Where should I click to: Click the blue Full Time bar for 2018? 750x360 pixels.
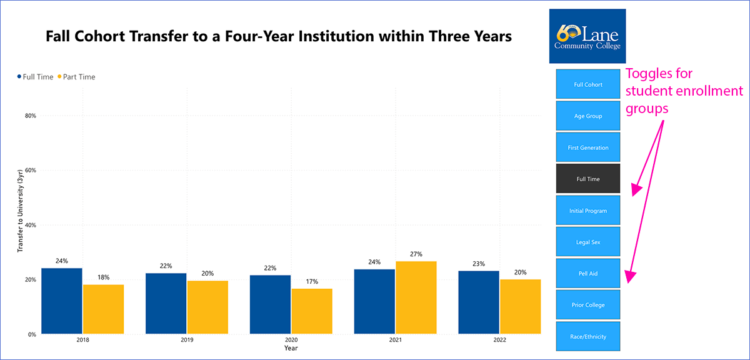pyautogui.click(x=62, y=301)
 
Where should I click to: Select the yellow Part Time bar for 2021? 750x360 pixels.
pyautogui.click(x=416, y=297)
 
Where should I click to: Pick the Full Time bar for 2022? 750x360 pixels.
pyautogui.click(x=479, y=302)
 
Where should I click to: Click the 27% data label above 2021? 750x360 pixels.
pyautogui.click(x=416, y=254)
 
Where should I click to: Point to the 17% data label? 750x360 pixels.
pyautogui.click(x=312, y=282)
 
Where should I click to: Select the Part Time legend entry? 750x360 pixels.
pyautogui.click(x=76, y=77)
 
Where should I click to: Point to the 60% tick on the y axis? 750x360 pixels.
pyautogui.click(x=30, y=171)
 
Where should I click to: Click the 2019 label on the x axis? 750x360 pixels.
pyautogui.click(x=187, y=340)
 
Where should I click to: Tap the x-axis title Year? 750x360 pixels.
pyautogui.click(x=291, y=347)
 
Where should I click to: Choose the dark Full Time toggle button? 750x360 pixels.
pyautogui.click(x=587, y=179)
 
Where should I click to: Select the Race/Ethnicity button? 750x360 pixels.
pyautogui.click(x=587, y=337)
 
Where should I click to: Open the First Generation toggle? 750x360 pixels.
pyautogui.click(x=587, y=147)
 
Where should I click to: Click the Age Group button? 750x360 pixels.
pyautogui.click(x=587, y=116)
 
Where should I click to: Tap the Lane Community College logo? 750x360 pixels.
pyautogui.click(x=587, y=36)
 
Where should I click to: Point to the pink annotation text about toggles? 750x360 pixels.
pyautogui.click(x=684, y=91)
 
